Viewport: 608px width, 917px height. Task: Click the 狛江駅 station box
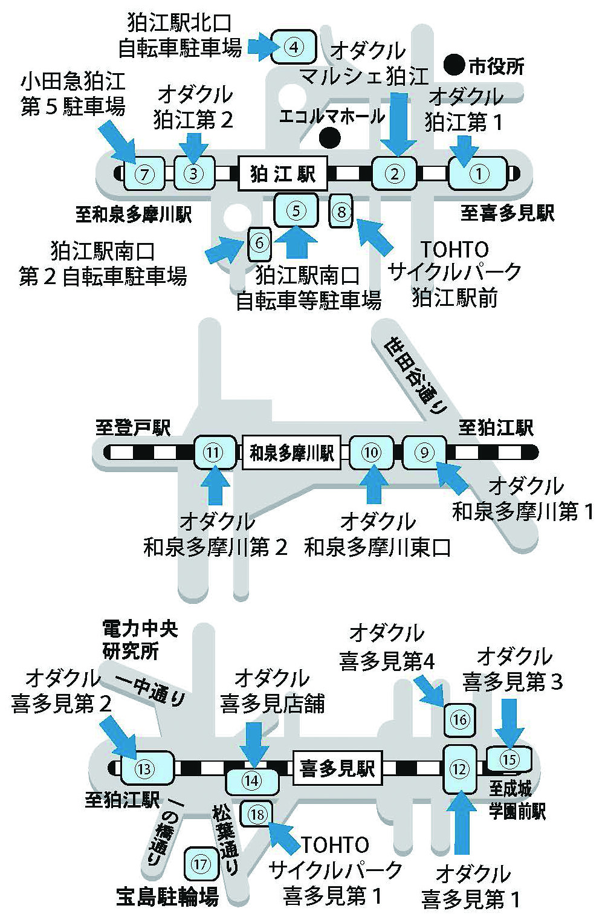click(x=283, y=174)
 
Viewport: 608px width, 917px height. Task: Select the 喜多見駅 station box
click(x=337, y=768)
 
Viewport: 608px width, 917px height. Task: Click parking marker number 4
click(x=294, y=47)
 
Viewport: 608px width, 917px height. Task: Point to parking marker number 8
click(x=341, y=212)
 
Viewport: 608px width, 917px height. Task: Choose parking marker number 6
click(x=259, y=243)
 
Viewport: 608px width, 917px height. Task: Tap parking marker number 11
click(x=215, y=452)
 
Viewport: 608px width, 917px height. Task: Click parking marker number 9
click(x=425, y=452)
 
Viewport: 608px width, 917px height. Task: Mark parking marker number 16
click(x=459, y=721)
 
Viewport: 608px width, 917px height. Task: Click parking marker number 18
click(x=257, y=814)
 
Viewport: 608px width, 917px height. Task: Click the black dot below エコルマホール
click(x=329, y=138)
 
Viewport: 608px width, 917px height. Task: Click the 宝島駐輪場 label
click(x=167, y=898)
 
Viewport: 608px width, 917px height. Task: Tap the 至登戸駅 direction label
click(x=133, y=428)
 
